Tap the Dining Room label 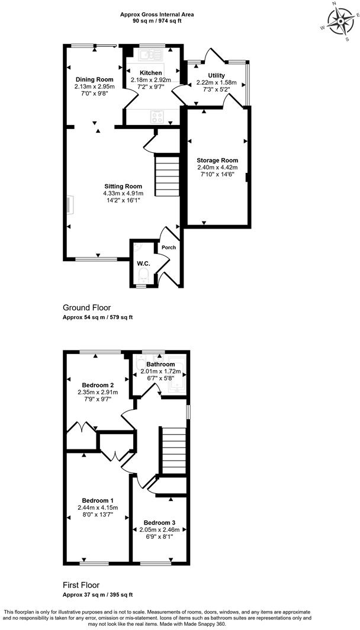[x=94, y=79]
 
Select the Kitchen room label [x=150, y=73]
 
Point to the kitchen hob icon [x=157, y=117]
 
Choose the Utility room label [x=216, y=76]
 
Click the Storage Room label [x=217, y=160]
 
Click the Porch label [x=169, y=247]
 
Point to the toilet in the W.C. [x=142, y=276]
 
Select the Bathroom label [x=160, y=364]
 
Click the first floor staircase [x=175, y=452]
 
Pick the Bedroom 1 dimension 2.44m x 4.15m [x=98, y=507]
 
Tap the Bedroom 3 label [x=160, y=523]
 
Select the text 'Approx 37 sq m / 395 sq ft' [x=98, y=594]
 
